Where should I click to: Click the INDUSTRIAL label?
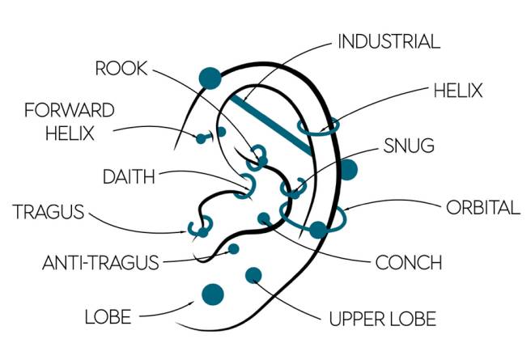pyautogui.click(x=388, y=41)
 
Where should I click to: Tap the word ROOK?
pyautogui.click(x=121, y=69)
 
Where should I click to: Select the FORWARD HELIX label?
pyautogui.click(x=69, y=121)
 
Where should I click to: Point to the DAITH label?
pyautogui.click(x=129, y=175)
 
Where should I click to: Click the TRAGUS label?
pyautogui.click(x=49, y=213)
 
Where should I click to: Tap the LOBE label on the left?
pyautogui.click(x=108, y=316)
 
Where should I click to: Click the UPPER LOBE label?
pyautogui.click(x=383, y=317)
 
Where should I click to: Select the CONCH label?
pyautogui.click(x=409, y=262)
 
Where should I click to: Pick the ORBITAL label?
pyautogui.click(x=483, y=207)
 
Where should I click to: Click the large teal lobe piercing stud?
pyautogui.click(x=213, y=293)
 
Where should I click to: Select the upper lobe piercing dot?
pyautogui.click(x=253, y=274)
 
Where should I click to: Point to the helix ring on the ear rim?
pyautogui.click(x=318, y=126)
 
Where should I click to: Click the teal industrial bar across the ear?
pyautogui.click(x=272, y=125)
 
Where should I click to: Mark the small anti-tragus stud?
pyautogui.click(x=234, y=248)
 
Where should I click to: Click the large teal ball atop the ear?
pyautogui.click(x=210, y=78)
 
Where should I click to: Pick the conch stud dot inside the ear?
pyautogui.click(x=264, y=218)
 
